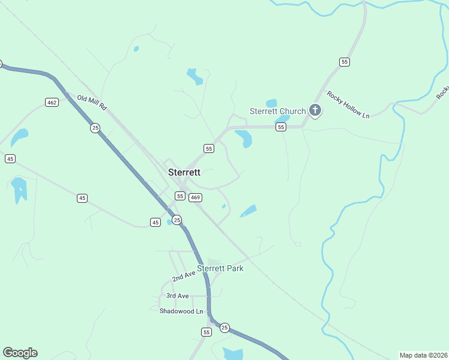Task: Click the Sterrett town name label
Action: tap(184, 172)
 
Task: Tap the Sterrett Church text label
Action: tap(277, 111)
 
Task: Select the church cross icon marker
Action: tap(315, 110)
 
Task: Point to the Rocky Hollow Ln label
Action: tap(348, 104)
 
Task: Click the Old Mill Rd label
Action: tap(91, 102)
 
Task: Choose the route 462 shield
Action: tap(52, 103)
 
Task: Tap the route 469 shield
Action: tap(195, 197)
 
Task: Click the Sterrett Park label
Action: tap(220, 268)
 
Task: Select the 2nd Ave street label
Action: tap(184, 277)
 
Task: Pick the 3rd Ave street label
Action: tap(178, 296)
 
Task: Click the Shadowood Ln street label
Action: tap(181, 311)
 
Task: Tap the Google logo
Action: tap(20, 353)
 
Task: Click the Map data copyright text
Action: tap(423, 355)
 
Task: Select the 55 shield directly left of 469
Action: tap(179, 196)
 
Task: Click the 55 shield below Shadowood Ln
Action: tap(207, 332)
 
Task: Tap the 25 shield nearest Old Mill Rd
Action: tap(95, 128)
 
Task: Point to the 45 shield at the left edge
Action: tap(10, 158)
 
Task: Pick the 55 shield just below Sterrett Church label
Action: tap(280, 127)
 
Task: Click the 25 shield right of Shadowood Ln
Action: tap(224, 327)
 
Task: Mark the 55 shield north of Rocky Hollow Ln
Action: tap(344, 62)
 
